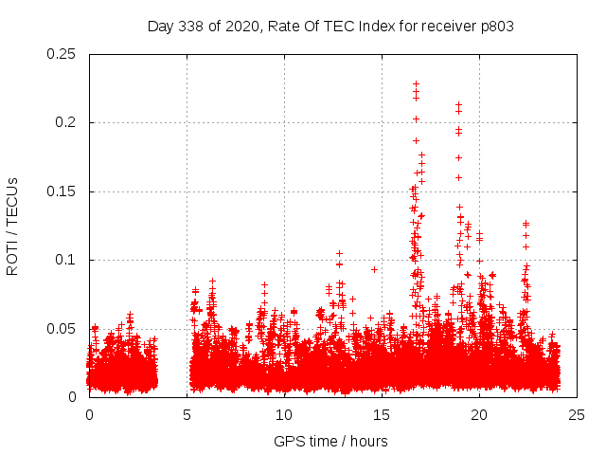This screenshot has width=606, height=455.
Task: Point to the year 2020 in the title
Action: pos(244,27)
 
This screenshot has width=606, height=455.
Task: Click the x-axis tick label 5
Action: pos(187,414)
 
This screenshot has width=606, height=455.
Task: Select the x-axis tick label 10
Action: pos(284,414)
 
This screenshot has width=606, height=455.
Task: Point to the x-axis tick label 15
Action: pos(382,414)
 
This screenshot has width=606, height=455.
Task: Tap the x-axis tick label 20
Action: pos(479,414)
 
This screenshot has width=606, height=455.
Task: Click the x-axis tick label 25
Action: pos(577,414)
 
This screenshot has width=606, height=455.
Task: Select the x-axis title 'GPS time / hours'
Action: pos(330,441)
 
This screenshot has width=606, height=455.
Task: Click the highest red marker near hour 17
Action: pos(416,83)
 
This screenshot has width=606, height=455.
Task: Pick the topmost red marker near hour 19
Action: pos(458,105)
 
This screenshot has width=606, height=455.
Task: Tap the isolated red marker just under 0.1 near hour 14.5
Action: pos(374,269)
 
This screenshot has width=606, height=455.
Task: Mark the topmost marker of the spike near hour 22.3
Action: pos(526,224)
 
